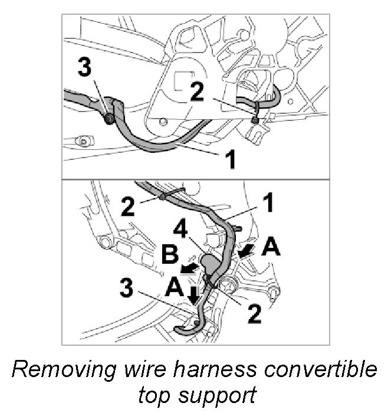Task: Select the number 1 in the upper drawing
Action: [231, 158]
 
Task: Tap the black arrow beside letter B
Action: [189, 269]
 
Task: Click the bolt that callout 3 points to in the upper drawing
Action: [109, 120]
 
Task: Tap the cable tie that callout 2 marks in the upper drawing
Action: [255, 119]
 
